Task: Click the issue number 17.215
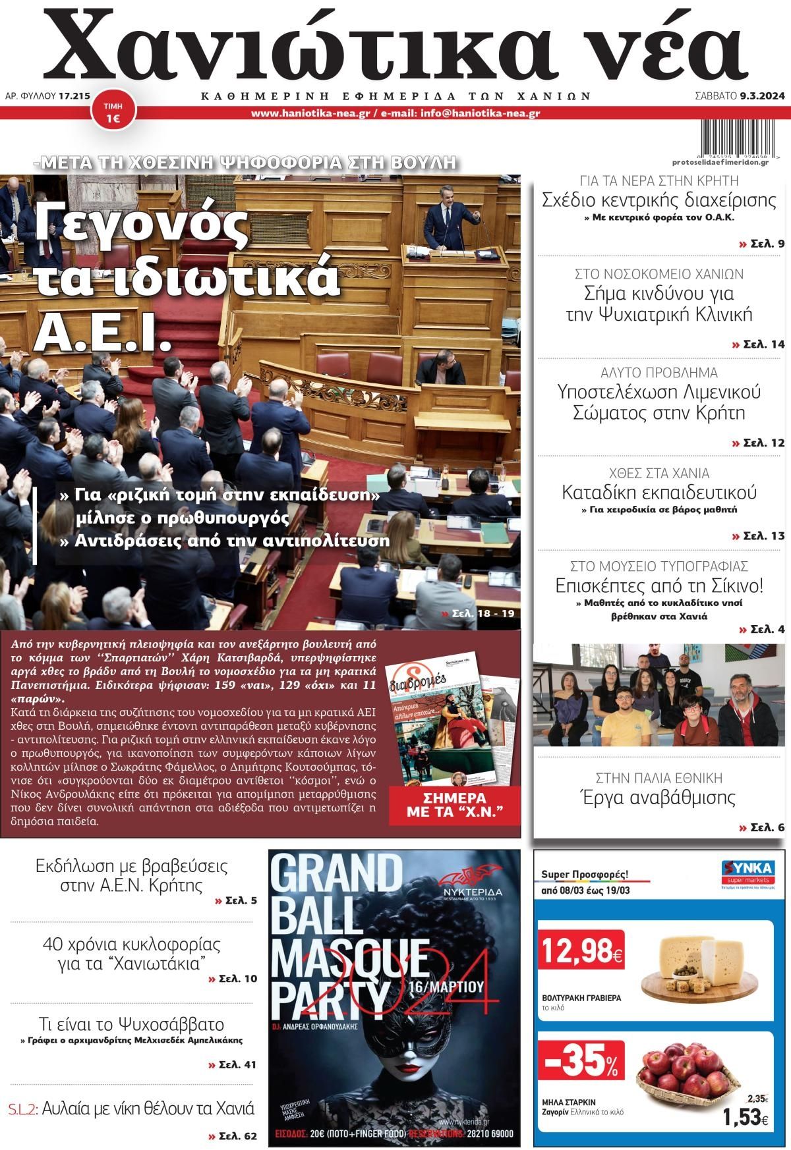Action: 74,96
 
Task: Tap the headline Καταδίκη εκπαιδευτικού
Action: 659,492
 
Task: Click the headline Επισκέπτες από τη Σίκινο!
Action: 659,585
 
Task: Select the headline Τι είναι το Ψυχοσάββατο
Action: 131,1025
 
